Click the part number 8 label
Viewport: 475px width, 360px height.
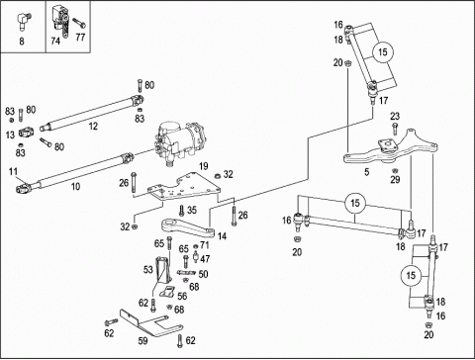[22, 42]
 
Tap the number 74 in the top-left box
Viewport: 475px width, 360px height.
[55, 41]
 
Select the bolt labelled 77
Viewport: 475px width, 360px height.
[79, 23]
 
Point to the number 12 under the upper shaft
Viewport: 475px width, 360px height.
[93, 126]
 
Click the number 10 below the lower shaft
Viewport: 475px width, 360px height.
[75, 187]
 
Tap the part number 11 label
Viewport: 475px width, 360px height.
[13, 171]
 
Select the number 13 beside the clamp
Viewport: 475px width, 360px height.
[10, 135]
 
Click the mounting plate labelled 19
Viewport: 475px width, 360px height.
[183, 188]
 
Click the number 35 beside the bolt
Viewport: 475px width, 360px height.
[192, 210]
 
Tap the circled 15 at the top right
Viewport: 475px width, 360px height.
[382, 52]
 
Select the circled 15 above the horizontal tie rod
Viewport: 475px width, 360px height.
[355, 203]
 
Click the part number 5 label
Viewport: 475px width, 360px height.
[367, 172]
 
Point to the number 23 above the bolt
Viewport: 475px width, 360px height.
[395, 116]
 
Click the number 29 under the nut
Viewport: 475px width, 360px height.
[395, 179]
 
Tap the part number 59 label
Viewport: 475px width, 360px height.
[142, 340]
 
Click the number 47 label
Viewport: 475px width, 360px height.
[205, 259]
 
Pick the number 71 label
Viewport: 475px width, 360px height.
[205, 245]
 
